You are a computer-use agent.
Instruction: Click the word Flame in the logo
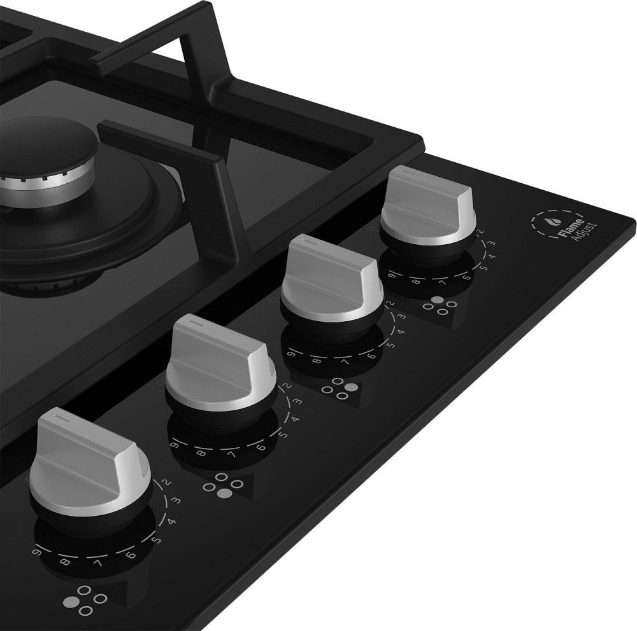coord(570,228)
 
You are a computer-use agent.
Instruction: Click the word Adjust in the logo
coord(583,232)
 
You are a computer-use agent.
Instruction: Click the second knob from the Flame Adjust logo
coord(331,280)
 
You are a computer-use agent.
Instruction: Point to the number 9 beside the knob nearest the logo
coord(391,276)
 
